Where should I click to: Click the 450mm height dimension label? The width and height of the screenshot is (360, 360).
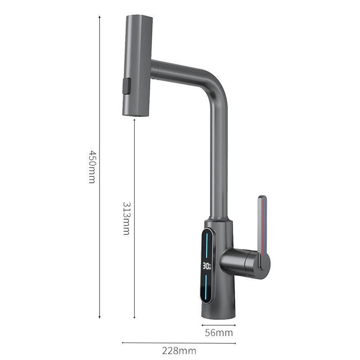(x=92, y=167)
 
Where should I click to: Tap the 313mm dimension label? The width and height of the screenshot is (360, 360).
(x=126, y=218)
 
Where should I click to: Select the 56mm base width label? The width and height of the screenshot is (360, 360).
(x=219, y=333)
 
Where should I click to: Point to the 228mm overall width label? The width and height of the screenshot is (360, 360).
(x=179, y=351)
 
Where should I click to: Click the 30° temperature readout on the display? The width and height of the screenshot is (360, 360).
(x=207, y=266)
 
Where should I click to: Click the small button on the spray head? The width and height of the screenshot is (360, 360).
(x=127, y=86)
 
